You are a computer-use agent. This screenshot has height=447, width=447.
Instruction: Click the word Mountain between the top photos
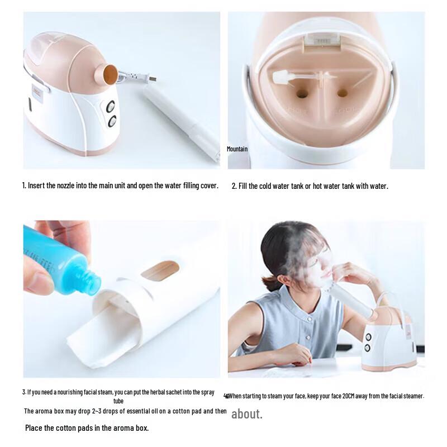(x=237, y=149)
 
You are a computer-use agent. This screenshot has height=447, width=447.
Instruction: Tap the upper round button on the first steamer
(x=111, y=106)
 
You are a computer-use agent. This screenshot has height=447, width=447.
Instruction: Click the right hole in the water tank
(x=343, y=93)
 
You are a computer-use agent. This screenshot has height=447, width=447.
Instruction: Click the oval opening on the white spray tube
(x=160, y=271)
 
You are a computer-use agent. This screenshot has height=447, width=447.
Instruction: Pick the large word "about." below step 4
(x=246, y=414)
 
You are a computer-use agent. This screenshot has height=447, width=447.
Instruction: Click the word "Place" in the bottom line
(x=35, y=429)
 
